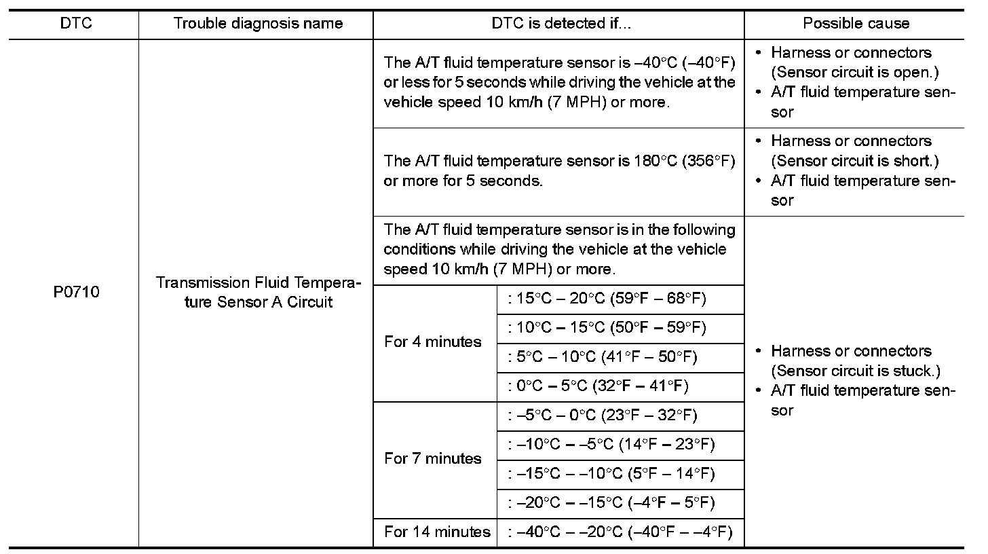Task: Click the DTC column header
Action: coord(75,24)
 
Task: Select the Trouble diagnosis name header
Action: coord(258,24)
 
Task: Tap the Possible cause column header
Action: coord(856,24)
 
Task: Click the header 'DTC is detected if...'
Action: coord(561,24)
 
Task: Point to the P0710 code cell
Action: coord(75,293)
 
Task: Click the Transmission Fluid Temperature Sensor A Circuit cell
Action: coord(258,293)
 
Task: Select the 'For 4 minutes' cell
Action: coord(433,342)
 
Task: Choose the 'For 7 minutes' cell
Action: coord(433,459)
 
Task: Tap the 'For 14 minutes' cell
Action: coord(437,532)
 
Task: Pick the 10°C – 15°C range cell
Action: coord(607,328)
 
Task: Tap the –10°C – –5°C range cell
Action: coord(611,445)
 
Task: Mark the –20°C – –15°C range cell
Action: coord(611,503)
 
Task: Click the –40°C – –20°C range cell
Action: coord(620,532)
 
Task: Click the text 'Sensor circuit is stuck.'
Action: coord(856,371)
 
